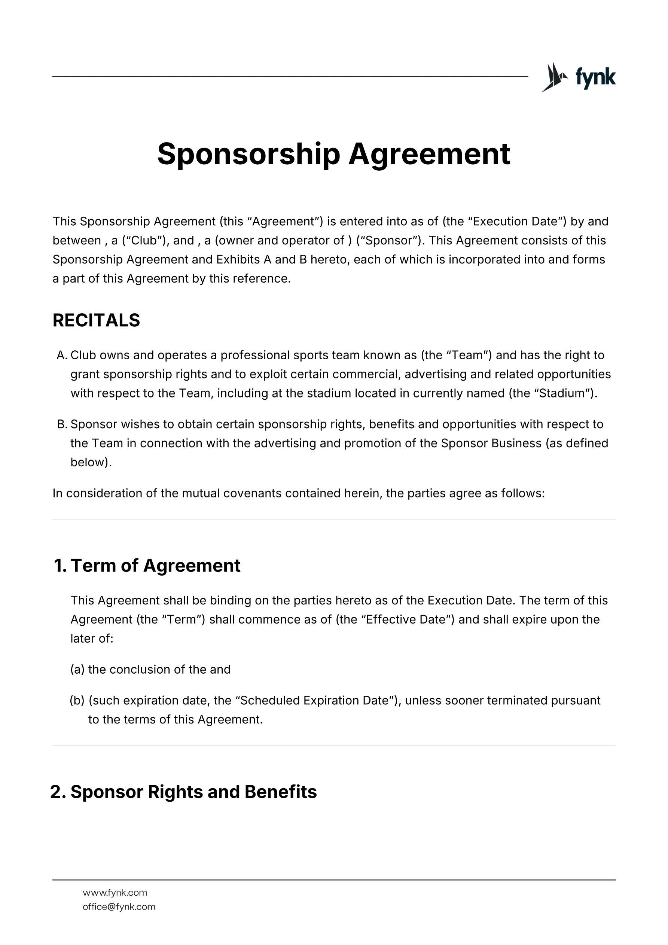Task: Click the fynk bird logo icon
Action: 554,77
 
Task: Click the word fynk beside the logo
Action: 595,77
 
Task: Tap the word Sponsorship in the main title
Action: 248,154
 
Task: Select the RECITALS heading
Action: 96,320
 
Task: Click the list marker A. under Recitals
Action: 62,355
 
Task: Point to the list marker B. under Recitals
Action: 62,424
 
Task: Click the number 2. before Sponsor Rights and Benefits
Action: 58,792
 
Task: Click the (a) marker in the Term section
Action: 77,670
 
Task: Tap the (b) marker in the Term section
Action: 77,701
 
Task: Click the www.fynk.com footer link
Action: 115,892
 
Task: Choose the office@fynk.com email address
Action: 119,907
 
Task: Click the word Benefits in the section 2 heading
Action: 281,792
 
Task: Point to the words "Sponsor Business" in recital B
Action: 491,443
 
